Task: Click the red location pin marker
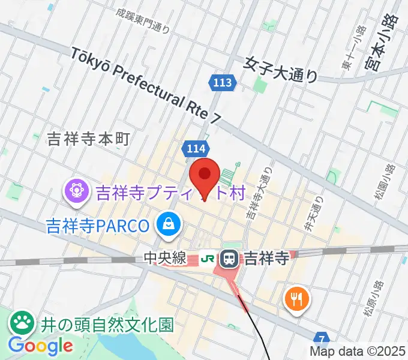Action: pos(205,175)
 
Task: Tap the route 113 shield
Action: pos(222,83)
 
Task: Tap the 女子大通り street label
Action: pos(281,68)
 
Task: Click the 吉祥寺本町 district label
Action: pos(88,140)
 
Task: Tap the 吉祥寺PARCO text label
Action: pos(98,226)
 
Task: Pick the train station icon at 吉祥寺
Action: pos(229,259)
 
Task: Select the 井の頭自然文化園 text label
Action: pos(107,325)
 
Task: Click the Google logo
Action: pos(40,346)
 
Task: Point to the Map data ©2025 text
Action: pos(358,352)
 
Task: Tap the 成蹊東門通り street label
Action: pos(143,20)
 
